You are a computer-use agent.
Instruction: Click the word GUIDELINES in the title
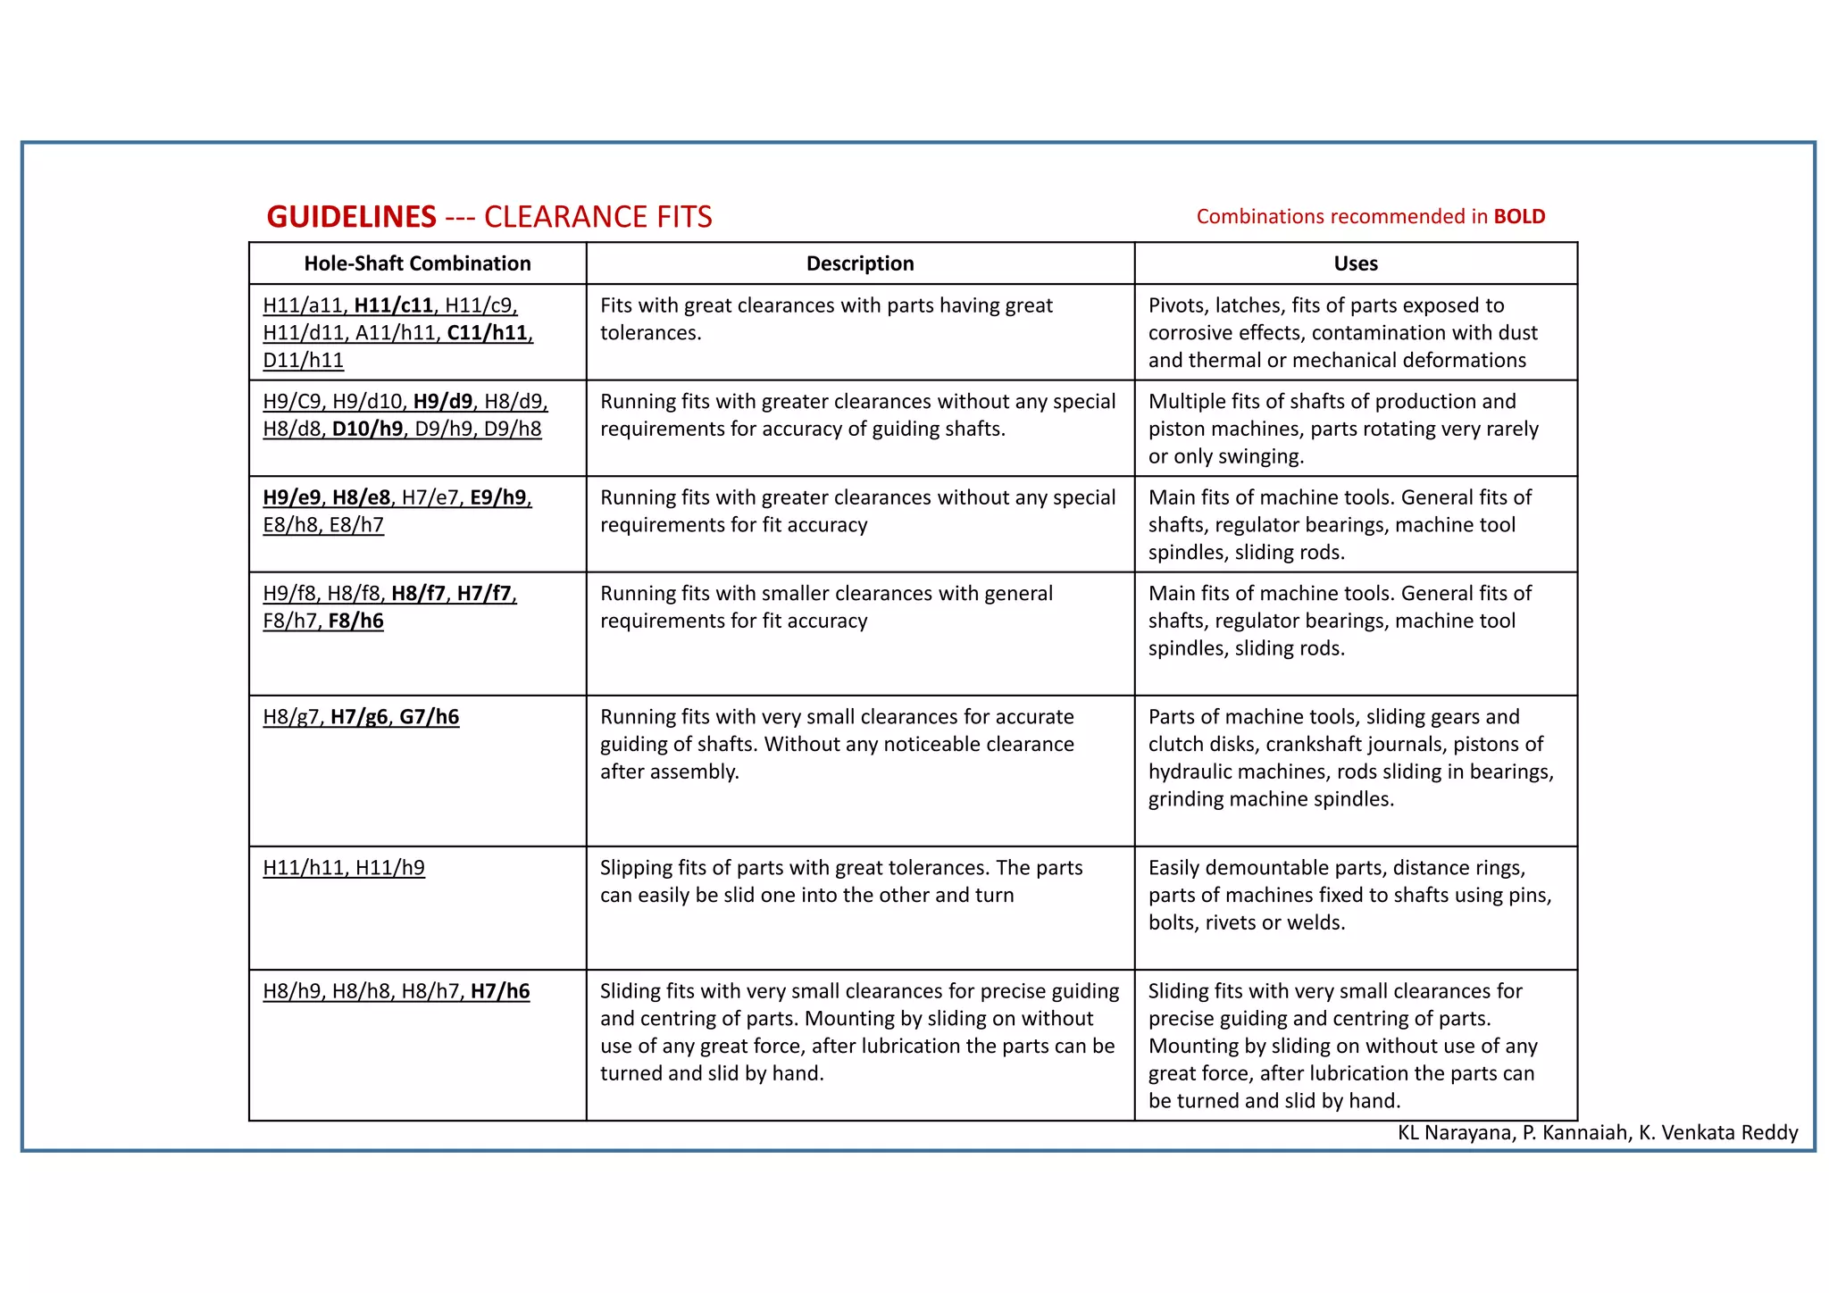coord(351,217)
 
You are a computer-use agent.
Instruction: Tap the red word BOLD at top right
coord(1519,217)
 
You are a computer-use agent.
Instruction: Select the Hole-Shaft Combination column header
coord(417,263)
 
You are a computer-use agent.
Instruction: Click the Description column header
coord(860,263)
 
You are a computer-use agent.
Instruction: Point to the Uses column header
coord(1355,263)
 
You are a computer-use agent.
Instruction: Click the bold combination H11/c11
coord(393,305)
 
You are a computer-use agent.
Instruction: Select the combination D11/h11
coord(303,361)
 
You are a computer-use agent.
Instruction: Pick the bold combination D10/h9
coord(367,429)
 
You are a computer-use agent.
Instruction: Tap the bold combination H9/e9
coord(291,497)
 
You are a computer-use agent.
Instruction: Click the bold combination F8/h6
coord(355,621)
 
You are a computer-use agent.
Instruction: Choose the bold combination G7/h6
coord(429,717)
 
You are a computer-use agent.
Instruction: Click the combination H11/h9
coord(390,868)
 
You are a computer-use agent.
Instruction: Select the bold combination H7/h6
coord(500,991)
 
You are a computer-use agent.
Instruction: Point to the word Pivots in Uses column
coord(1175,305)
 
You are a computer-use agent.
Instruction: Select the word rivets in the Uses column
coord(1232,922)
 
